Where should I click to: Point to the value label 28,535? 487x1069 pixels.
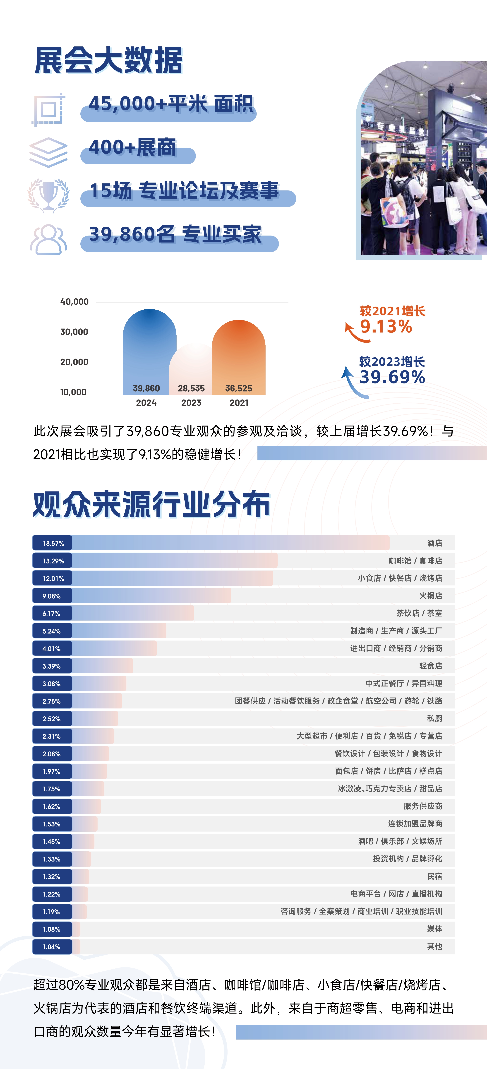point(191,388)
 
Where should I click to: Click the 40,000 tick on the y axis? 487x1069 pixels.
point(75,302)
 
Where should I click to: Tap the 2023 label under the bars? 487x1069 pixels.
point(191,402)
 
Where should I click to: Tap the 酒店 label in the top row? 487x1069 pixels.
point(434,543)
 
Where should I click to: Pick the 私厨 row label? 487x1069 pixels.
point(434,718)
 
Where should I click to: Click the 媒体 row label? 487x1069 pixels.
point(434,929)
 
